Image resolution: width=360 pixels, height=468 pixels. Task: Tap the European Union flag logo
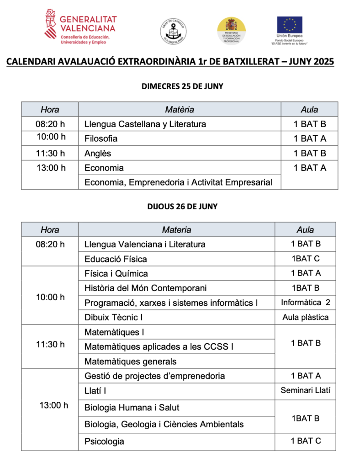(289, 27)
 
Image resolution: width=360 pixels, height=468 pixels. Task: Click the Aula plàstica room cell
(305, 317)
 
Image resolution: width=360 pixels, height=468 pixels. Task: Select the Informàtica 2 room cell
(305, 303)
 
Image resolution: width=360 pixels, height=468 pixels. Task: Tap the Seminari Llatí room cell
(305, 391)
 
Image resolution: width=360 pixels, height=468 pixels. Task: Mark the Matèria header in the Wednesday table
(179, 109)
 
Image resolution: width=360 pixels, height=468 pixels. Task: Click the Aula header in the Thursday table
(305, 230)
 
